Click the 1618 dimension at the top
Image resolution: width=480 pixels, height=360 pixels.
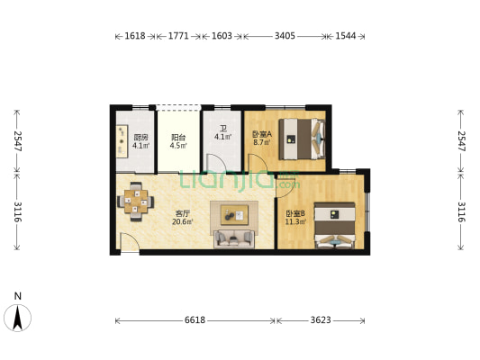[135, 36]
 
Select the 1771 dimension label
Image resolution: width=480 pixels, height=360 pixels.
[178, 36]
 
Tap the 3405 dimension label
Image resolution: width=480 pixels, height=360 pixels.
[285, 36]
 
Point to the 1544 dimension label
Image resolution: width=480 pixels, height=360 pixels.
[346, 36]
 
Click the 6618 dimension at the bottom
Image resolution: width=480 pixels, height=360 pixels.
[195, 320]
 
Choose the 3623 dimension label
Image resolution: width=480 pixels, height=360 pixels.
[321, 320]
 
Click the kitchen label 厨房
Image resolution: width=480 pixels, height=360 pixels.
[140, 138]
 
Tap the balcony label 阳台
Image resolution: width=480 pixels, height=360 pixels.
[178, 138]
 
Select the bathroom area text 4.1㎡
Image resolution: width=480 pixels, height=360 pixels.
[222, 137]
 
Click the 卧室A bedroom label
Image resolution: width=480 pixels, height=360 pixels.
[262, 134]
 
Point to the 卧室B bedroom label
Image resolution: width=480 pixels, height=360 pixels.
[295, 213]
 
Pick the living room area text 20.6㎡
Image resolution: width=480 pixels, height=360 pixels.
[183, 221]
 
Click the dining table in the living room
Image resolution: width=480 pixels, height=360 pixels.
[136, 202]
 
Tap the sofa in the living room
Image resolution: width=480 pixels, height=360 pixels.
[234, 238]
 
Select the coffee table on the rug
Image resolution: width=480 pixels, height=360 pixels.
[234, 215]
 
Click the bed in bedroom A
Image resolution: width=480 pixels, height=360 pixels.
[302, 139]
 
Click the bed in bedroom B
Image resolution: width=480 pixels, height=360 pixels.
[335, 225]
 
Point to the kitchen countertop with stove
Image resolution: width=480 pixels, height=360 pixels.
[122, 141]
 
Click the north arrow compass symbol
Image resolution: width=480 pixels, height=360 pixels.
[17, 318]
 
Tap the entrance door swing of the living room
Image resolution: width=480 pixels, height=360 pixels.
[129, 242]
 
